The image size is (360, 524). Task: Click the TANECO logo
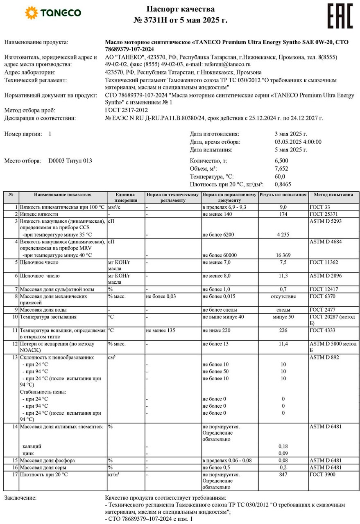(53, 13)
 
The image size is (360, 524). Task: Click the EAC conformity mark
(340, 16)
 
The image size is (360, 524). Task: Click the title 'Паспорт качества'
(180, 9)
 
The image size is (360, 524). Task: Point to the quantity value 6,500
(281, 160)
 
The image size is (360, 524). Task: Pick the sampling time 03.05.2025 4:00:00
(298, 142)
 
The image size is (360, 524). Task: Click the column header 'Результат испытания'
(283, 195)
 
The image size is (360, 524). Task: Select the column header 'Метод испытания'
(333, 195)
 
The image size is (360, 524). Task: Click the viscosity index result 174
(283, 214)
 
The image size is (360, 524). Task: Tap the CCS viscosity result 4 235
(283, 235)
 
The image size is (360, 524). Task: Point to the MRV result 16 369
(283, 255)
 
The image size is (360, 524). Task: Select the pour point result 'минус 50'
(283, 317)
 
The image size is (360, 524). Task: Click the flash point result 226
(283, 330)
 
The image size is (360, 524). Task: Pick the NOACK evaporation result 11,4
(283, 344)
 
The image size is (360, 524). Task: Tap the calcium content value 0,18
(283, 446)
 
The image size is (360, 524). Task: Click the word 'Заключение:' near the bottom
(20, 498)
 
